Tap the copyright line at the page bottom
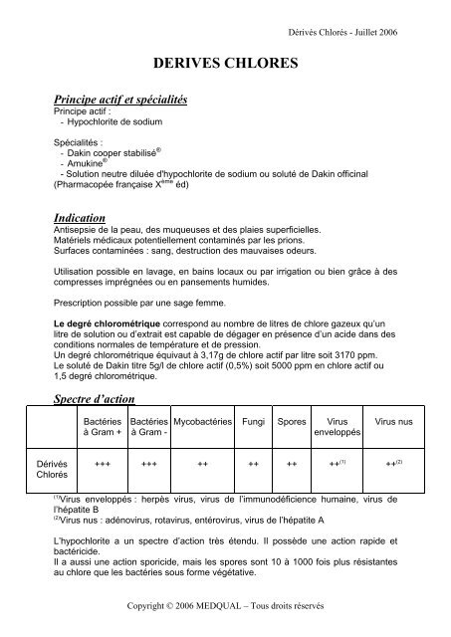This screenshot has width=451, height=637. pos(225,606)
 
